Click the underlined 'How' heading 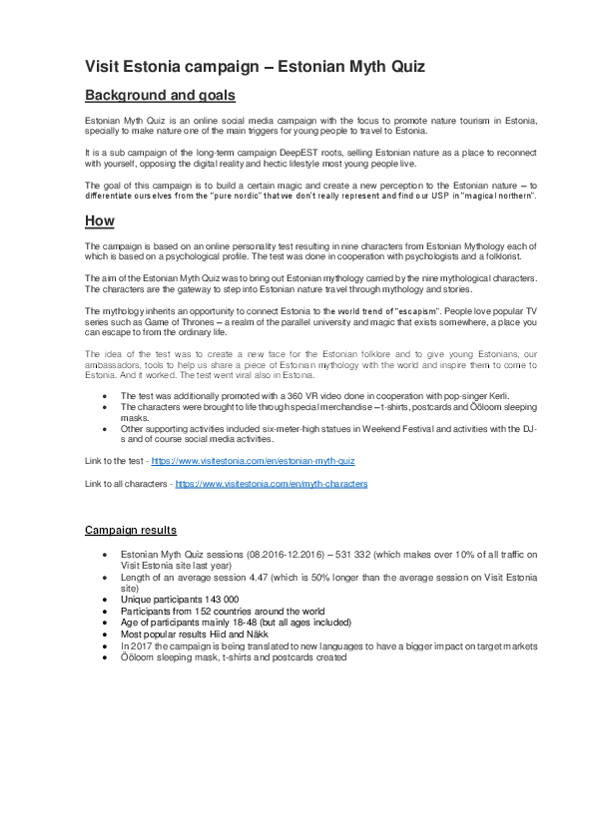click(100, 220)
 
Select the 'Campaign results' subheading click(131, 530)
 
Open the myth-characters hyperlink click(272, 484)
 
